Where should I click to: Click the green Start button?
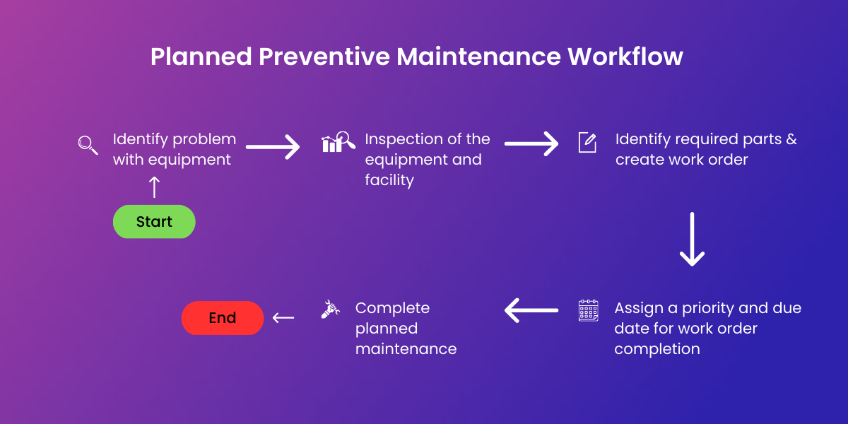click(x=154, y=222)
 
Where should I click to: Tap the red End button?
click(x=223, y=318)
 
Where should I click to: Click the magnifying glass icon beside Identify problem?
click(x=88, y=145)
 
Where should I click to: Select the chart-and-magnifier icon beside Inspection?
click(x=338, y=142)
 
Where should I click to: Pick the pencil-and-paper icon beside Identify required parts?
click(x=587, y=142)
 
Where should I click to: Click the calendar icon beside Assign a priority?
click(x=588, y=310)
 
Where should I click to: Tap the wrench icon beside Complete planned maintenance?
click(x=330, y=310)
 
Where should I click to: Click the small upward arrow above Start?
click(x=154, y=187)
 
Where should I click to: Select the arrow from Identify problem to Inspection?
click(x=273, y=147)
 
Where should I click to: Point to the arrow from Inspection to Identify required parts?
click(x=531, y=145)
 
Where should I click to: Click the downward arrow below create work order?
click(x=692, y=239)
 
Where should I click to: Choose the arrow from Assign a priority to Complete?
click(x=531, y=310)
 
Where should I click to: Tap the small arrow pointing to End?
click(x=283, y=318)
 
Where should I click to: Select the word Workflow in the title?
click(x=625, y=57)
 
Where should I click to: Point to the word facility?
click(x=389, y=180)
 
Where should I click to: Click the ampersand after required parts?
click(x=790, y=139)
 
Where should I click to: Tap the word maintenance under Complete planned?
click(x=406, y=349)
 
